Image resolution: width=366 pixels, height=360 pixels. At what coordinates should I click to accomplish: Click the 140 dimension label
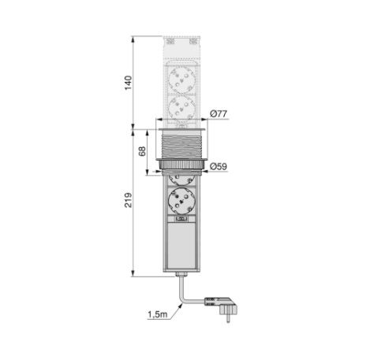129,83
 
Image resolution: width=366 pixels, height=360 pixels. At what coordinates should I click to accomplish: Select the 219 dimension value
129,200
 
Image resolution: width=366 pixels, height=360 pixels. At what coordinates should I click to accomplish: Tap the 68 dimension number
142,151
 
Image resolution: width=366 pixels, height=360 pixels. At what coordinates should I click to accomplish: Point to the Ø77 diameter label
218,113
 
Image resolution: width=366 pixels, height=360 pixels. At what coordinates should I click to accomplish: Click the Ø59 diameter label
218,166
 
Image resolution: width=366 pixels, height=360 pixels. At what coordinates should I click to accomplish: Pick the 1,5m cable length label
158,314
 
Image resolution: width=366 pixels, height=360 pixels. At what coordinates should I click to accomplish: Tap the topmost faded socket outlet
181,79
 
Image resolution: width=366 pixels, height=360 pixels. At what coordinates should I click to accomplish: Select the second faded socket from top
181,108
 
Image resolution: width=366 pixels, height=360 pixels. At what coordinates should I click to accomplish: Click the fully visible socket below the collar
181,202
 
